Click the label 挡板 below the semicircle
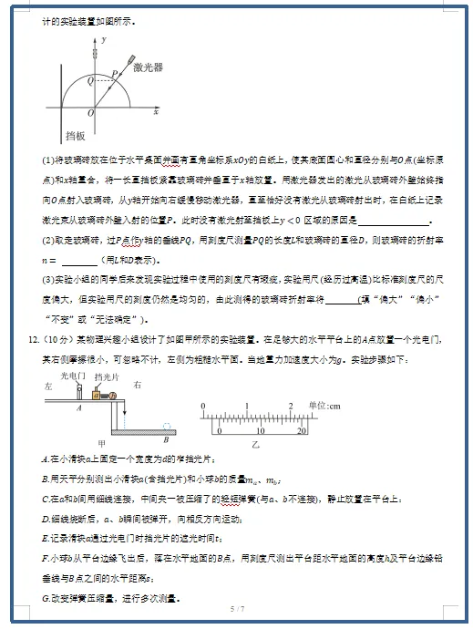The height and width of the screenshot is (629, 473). pyautogui.click(x=76, y=136)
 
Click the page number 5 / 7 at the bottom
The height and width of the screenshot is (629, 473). pyautogui.click(x=237, y=607)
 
